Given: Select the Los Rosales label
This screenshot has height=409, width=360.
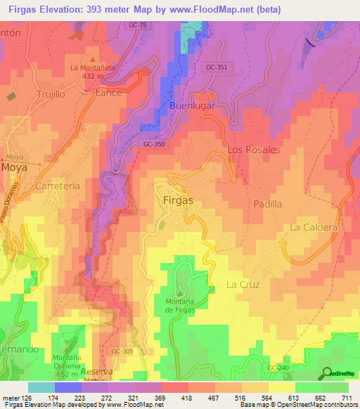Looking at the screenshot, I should click(254, 150).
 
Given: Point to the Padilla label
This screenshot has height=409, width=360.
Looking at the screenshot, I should click(267, 204).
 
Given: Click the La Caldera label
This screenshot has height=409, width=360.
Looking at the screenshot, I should click(314, 228).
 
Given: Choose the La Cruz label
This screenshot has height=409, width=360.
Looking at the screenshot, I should click(243, 285).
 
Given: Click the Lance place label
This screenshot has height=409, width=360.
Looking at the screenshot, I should click(109, 92).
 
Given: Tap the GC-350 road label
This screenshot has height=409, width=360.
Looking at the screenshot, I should click(153, 143).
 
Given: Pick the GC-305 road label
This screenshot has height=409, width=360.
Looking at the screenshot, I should click(122, 351).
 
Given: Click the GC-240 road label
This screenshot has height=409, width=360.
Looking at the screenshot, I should click(278, 368).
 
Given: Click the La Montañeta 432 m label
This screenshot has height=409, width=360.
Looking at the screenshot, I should click(92, 72).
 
